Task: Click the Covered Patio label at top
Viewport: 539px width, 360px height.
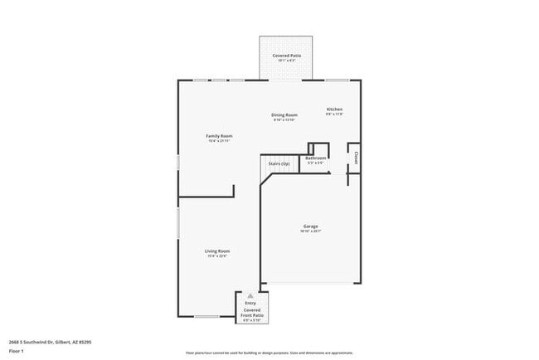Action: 287,56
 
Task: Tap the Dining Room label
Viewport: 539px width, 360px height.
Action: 284,115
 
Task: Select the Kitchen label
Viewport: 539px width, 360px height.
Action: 334,109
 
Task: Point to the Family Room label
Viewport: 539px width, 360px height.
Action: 219,135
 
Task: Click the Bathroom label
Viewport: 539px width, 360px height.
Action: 315,158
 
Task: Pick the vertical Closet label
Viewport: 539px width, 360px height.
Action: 357,156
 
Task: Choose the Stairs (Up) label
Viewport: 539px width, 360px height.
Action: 279,164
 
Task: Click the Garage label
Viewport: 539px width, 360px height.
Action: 310,226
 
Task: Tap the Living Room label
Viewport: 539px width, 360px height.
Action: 217,251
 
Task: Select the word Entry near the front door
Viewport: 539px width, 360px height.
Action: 250,304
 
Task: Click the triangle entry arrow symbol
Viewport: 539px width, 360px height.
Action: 250,296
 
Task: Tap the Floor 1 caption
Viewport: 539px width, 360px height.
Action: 17,351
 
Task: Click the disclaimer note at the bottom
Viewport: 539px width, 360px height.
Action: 269,353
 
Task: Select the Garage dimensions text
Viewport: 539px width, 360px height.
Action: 310,231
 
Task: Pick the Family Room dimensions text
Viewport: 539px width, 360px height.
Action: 219,140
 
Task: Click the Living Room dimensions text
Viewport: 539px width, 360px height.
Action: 217,255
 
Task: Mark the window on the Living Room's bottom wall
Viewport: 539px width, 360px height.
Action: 206,317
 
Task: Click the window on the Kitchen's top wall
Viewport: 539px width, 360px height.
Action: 336,80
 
